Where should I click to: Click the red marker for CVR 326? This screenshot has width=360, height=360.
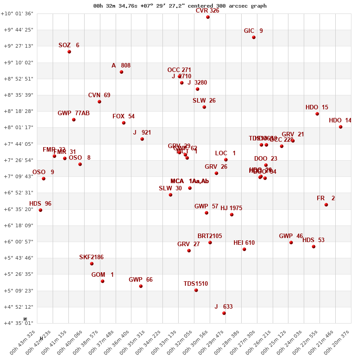208,17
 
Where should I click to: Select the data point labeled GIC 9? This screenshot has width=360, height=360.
254,37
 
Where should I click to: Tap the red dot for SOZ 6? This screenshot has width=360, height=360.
69,52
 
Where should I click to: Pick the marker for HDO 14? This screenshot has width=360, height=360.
341,127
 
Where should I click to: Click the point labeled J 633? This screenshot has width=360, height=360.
224,313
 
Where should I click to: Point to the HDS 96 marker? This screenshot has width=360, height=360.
40,210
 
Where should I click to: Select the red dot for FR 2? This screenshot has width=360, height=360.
326,205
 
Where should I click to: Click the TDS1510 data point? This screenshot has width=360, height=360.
196,290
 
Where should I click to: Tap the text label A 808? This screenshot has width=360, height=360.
121,66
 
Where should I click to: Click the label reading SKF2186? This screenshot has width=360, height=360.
91,257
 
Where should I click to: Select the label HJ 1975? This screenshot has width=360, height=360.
231,208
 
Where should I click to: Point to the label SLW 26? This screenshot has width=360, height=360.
204,101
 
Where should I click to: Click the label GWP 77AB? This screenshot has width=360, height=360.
73,113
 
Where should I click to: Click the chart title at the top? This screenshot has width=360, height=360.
180,6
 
